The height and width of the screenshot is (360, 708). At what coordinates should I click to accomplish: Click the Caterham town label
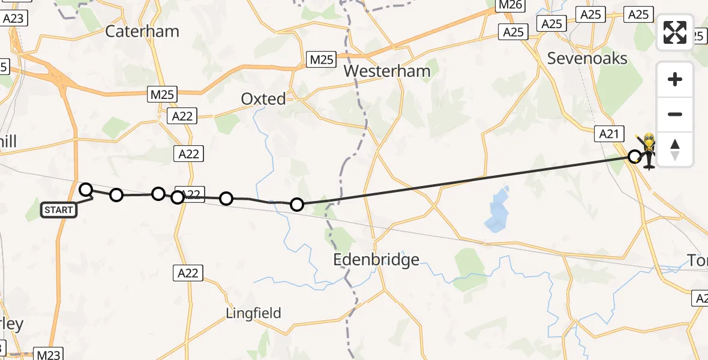pyautogui.click(x=142, y=31)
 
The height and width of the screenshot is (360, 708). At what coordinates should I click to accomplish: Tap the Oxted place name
pyautogui.click(x=263, y=99)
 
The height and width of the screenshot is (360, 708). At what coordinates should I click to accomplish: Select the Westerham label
pyautogui.click(x=387, y=71)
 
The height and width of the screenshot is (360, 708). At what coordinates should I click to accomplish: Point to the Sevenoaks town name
pyautogui.click(x=587, y=58)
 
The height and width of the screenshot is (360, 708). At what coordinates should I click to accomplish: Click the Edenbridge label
pyautogui.click(x=376, y=260)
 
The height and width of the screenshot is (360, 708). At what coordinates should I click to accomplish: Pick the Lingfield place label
pyautogui.click(x=253, y=313)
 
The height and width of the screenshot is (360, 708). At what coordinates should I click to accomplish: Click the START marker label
pyautogui.click(x=59, y=210)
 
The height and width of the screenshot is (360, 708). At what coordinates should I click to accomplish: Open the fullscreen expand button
pyautogui.click(x=675, y=32)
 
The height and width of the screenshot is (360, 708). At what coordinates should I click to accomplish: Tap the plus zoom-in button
pyautogui.click(x=675, y=79)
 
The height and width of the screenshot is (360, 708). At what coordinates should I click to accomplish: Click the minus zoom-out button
pyautogui.click(x=675, y=114)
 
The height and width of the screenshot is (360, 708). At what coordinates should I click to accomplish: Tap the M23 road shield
pyautogui.click(x=48, y=355)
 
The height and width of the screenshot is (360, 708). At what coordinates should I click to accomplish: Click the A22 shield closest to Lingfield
pyautogui.click(x=189, y=274)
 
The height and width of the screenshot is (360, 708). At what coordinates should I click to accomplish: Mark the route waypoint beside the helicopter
pyautogui.click(x=634, y=157)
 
